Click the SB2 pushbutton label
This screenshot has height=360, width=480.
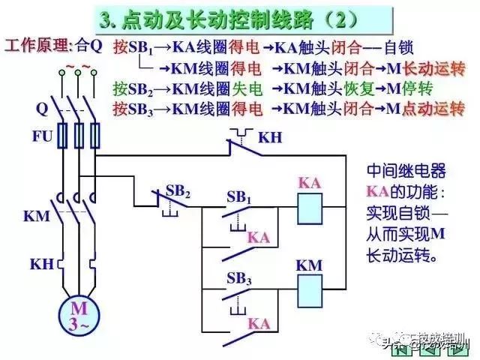(178, 190)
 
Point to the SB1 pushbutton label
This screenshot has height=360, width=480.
(238, 198)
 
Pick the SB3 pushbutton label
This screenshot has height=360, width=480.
(238, 278)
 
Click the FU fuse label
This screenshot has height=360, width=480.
(40, 136)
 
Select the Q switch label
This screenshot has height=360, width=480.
(41, 108)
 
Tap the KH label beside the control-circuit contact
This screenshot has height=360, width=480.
(270, 139)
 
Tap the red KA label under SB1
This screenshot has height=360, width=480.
(258, 237)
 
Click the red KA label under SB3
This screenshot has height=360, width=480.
(259, 323)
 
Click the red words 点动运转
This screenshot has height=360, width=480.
(433, 109)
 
